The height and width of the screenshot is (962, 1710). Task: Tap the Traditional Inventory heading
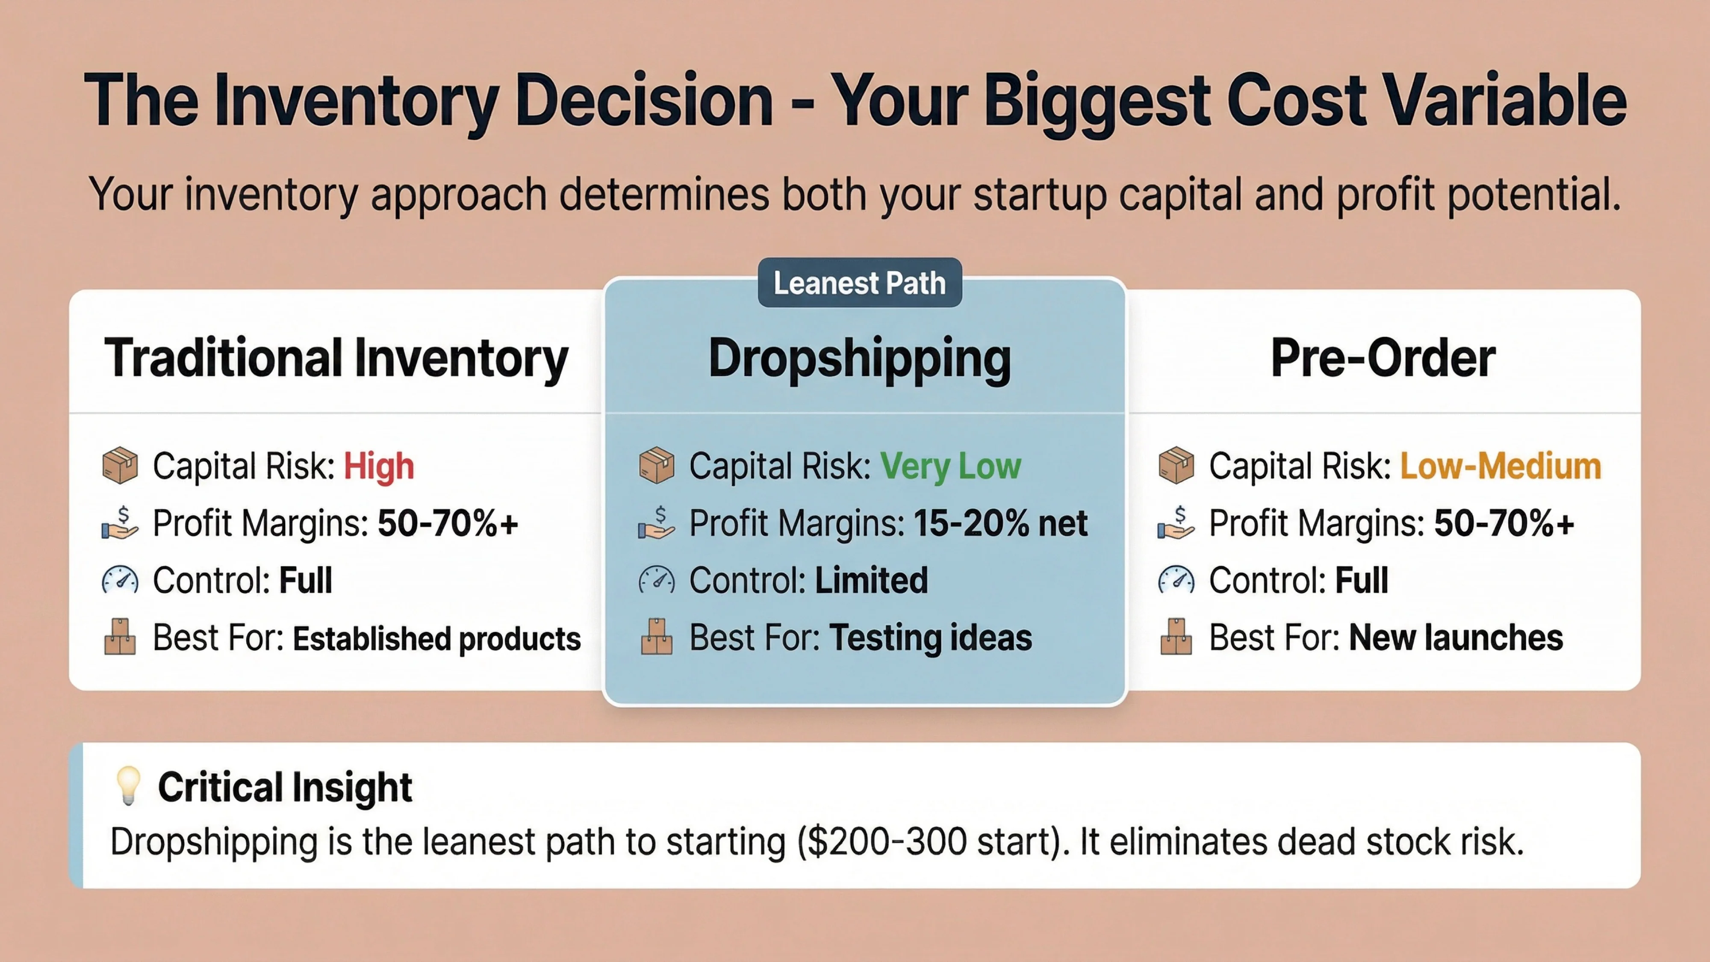tap(336, 359)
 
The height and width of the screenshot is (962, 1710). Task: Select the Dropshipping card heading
tap(860, 359)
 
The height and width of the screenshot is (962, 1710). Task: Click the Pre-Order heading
tap(1383, 359)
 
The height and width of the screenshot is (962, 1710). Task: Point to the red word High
tap(378, 466)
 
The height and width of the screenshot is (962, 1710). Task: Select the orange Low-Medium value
tap(1500, 466)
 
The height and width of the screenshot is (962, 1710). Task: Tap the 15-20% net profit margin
tap(1000, 523)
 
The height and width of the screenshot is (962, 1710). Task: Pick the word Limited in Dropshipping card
tap(871, 580)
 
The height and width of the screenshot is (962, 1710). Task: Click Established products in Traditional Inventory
tap(437, 639)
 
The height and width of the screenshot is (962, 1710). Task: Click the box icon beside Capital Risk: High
tap(120, 466)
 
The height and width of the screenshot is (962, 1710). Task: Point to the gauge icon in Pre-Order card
tap(1176, 580)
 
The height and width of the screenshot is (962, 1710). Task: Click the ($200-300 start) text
tap(933, 842)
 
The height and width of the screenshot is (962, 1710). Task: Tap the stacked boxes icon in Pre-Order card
tap(1176, 637)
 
